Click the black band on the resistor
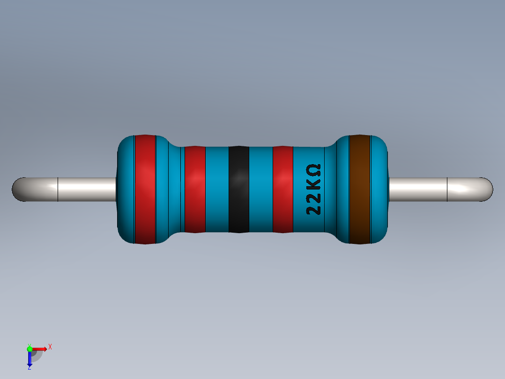point(238,189)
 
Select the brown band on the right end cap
point(360,189)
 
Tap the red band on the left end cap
point(145,189)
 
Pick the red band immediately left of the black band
point(195,189)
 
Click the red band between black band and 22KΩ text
point(282,189)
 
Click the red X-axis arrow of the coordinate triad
point(40,349)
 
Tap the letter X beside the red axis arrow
point(50,347)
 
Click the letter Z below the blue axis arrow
point(30,368)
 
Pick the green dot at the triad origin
point(30,349)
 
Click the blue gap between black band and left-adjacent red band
point(217,189)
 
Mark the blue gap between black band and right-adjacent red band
point(260,189)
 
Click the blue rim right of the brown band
point(379,189)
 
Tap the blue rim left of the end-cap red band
point(126,189)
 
